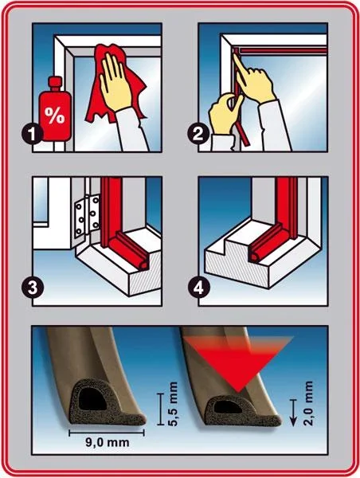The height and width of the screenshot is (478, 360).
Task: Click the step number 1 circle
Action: click(33, 133)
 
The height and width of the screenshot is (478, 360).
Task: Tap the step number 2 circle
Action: click(198, 133)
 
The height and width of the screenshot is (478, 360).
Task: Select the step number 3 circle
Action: click(33, 287)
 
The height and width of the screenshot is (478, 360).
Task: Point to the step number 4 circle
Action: click(198, 287)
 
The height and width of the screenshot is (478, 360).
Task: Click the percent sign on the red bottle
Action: click(55, 114)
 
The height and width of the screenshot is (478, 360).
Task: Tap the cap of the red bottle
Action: click(56, 83)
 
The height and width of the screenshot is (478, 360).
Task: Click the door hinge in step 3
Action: click(87, 216)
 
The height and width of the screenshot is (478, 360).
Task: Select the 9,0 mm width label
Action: click(107, 442)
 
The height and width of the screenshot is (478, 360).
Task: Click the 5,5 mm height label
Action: click(173, 404)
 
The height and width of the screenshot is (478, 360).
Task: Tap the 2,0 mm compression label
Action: click(308, 403)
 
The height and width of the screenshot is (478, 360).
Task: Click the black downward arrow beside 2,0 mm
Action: click(293, 412)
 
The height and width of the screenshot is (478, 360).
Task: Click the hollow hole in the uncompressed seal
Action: click(92, 399)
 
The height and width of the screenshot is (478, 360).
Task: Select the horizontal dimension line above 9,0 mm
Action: click(107, 433)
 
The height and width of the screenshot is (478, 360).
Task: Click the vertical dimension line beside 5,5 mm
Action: click(160, 409)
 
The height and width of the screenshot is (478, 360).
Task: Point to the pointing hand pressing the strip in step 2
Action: click(253, 80)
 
